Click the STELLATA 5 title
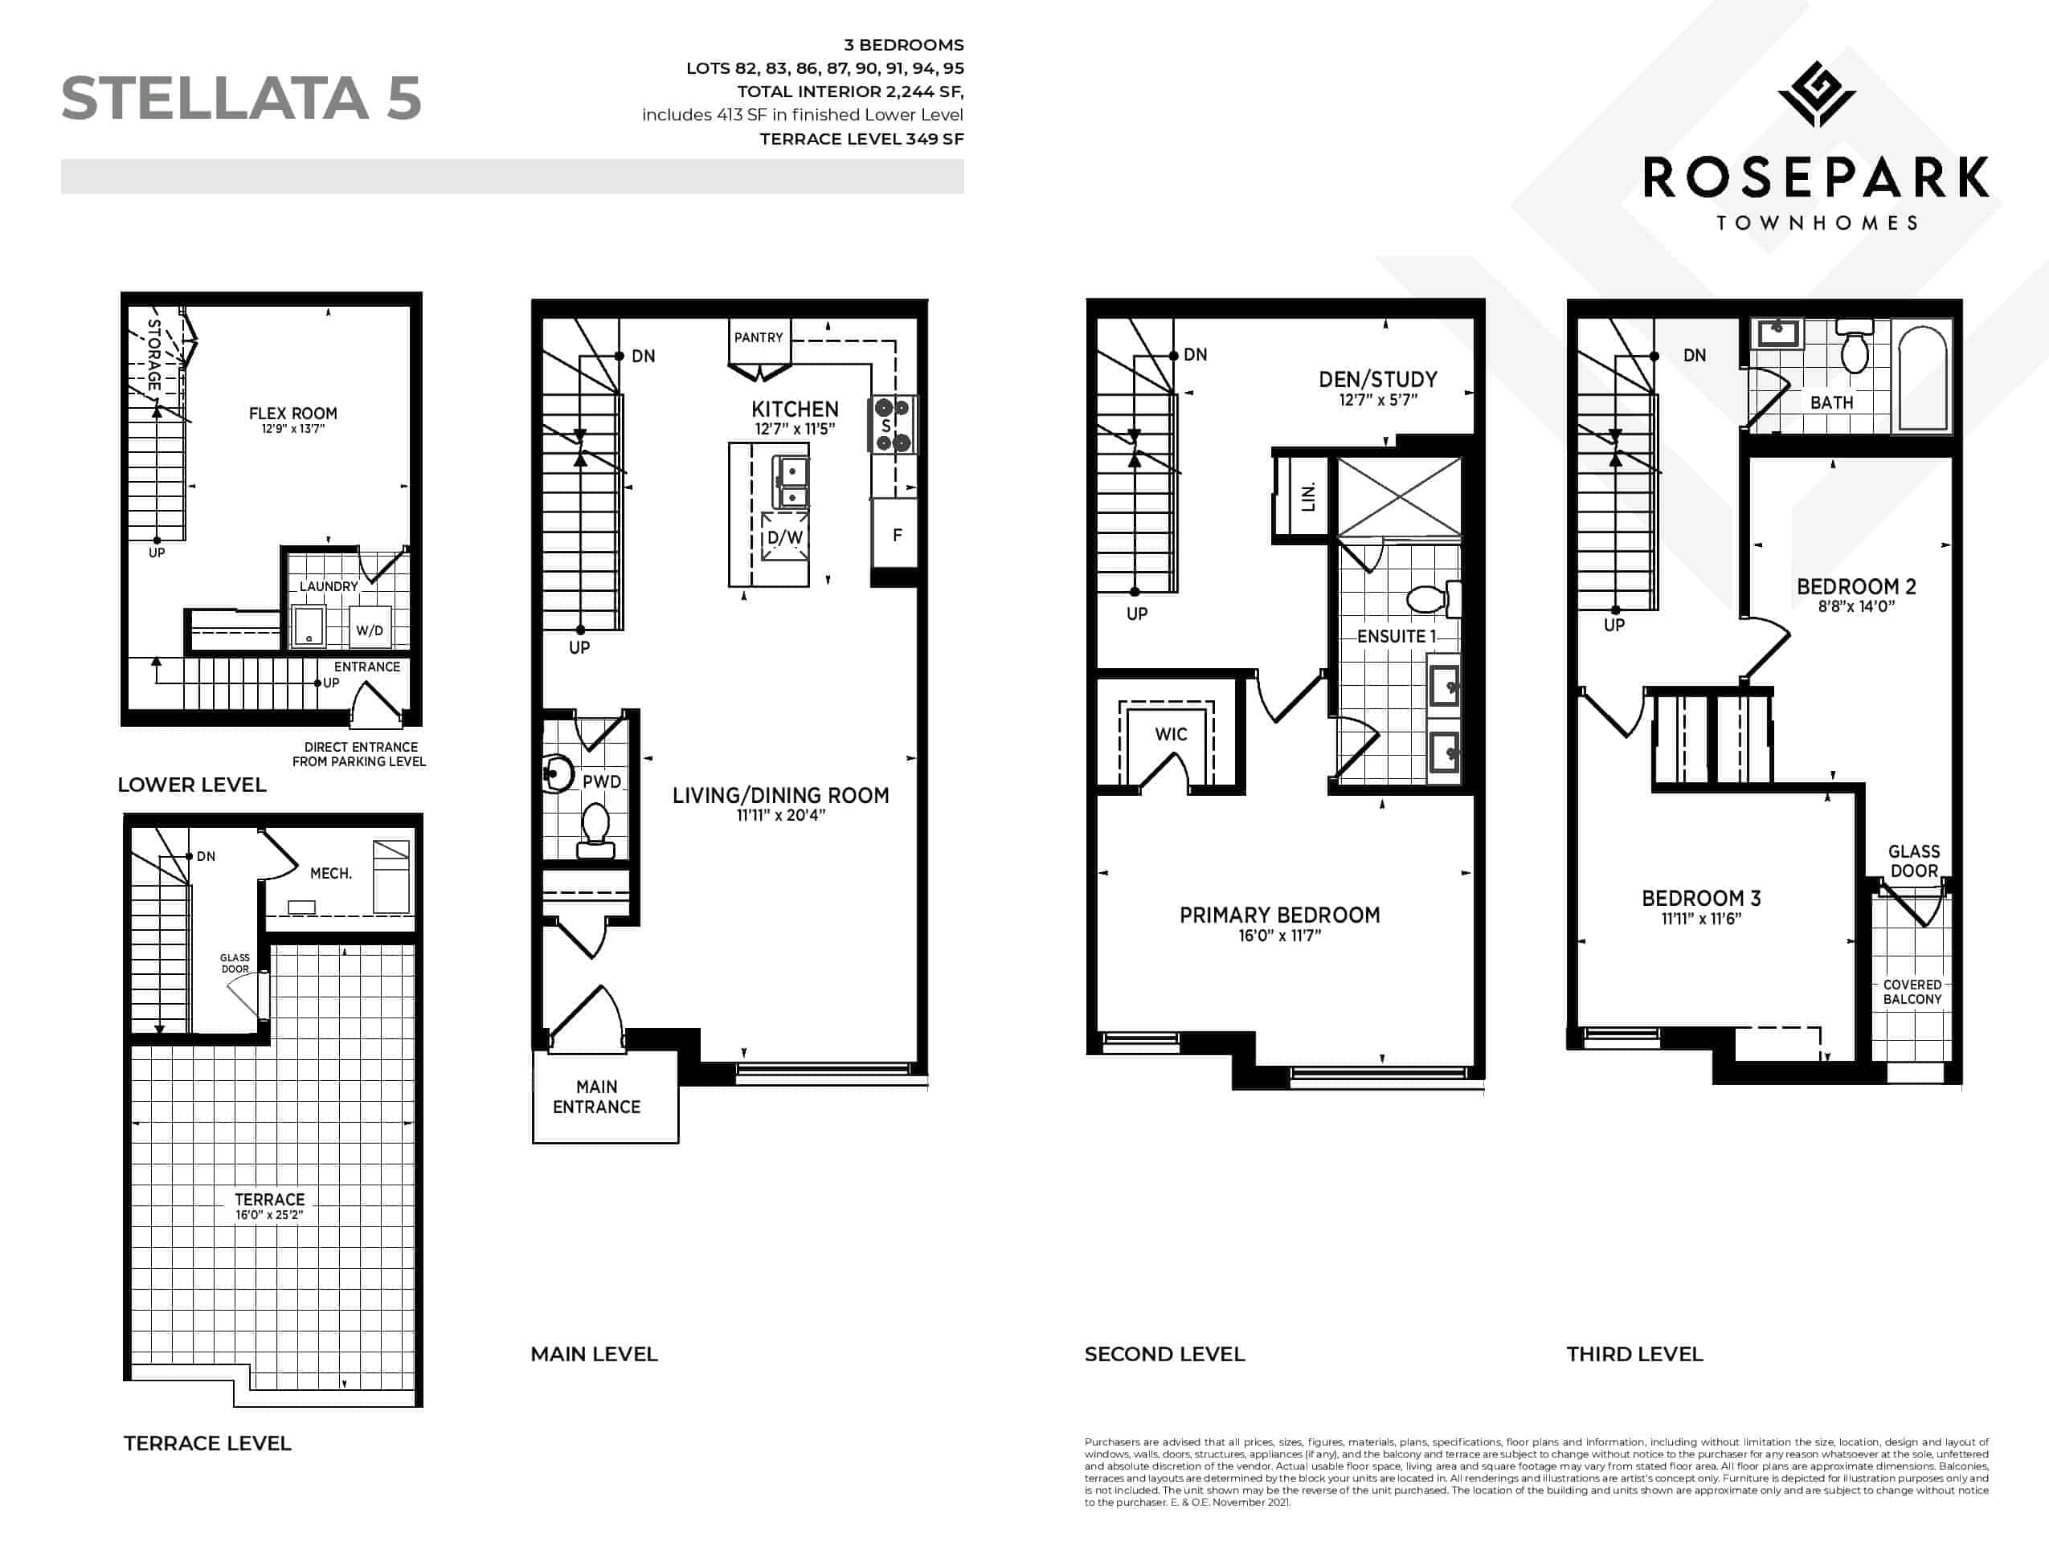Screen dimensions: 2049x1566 coord(240,98)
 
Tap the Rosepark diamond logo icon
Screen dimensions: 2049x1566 coord(1816,94)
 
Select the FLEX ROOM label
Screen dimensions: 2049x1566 coord(292,413)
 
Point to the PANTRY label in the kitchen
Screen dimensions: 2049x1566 coord(759,337)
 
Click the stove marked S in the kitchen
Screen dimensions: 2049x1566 coord(893,424)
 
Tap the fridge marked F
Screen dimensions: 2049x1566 coord(895,534)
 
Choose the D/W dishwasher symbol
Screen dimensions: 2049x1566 coord(784,537)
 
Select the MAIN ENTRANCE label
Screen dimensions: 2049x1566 coord(597,1096)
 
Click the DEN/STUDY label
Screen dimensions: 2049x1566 coord(1377,379)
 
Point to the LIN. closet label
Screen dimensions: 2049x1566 coord(1307,497)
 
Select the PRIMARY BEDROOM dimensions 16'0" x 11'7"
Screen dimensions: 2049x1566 coord(1279,935)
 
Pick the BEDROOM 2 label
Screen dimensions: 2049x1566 coord(1856,586)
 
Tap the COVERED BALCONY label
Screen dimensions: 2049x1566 coord(1912,992)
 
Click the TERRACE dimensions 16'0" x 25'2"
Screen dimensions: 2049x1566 coord(269,1214)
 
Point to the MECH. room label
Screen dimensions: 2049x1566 coord(331,874)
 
